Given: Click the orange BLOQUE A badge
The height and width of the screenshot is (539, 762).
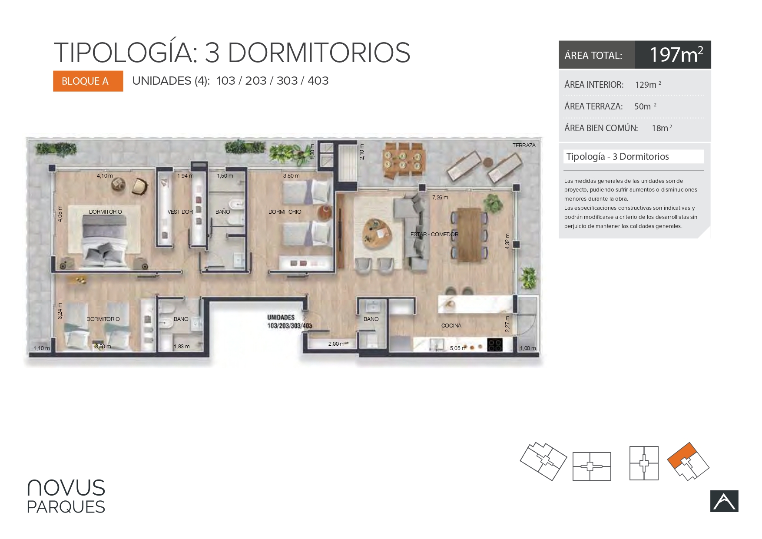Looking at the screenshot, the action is click(88, 81).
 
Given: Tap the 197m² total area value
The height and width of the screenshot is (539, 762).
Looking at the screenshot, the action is click(676, 55).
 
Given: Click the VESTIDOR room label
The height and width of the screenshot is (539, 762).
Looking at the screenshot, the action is click(180, 212).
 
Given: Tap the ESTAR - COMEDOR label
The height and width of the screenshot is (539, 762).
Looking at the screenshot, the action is click(434, 235).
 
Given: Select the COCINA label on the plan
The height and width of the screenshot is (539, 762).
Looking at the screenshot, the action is click(451, 326).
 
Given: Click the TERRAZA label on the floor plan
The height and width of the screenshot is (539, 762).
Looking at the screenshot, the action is click(524, 145).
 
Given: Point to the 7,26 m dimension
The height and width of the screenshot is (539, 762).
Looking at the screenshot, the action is click(440, 198).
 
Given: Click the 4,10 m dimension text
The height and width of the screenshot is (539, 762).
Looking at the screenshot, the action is click(105, 176).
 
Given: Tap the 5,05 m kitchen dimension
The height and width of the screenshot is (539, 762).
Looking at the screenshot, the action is click(458, 348).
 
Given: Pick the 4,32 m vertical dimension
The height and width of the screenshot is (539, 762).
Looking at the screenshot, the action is click(507, 241).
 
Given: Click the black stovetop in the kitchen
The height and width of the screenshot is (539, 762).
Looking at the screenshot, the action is click(495, 345).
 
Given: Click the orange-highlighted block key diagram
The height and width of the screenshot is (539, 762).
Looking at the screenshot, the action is click(688, 462).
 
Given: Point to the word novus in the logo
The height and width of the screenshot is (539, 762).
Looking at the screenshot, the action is click(66, 488).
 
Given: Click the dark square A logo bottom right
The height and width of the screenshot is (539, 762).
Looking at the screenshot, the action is click(724, 501).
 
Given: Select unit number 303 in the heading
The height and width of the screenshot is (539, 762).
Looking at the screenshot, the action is click(287, 81).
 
